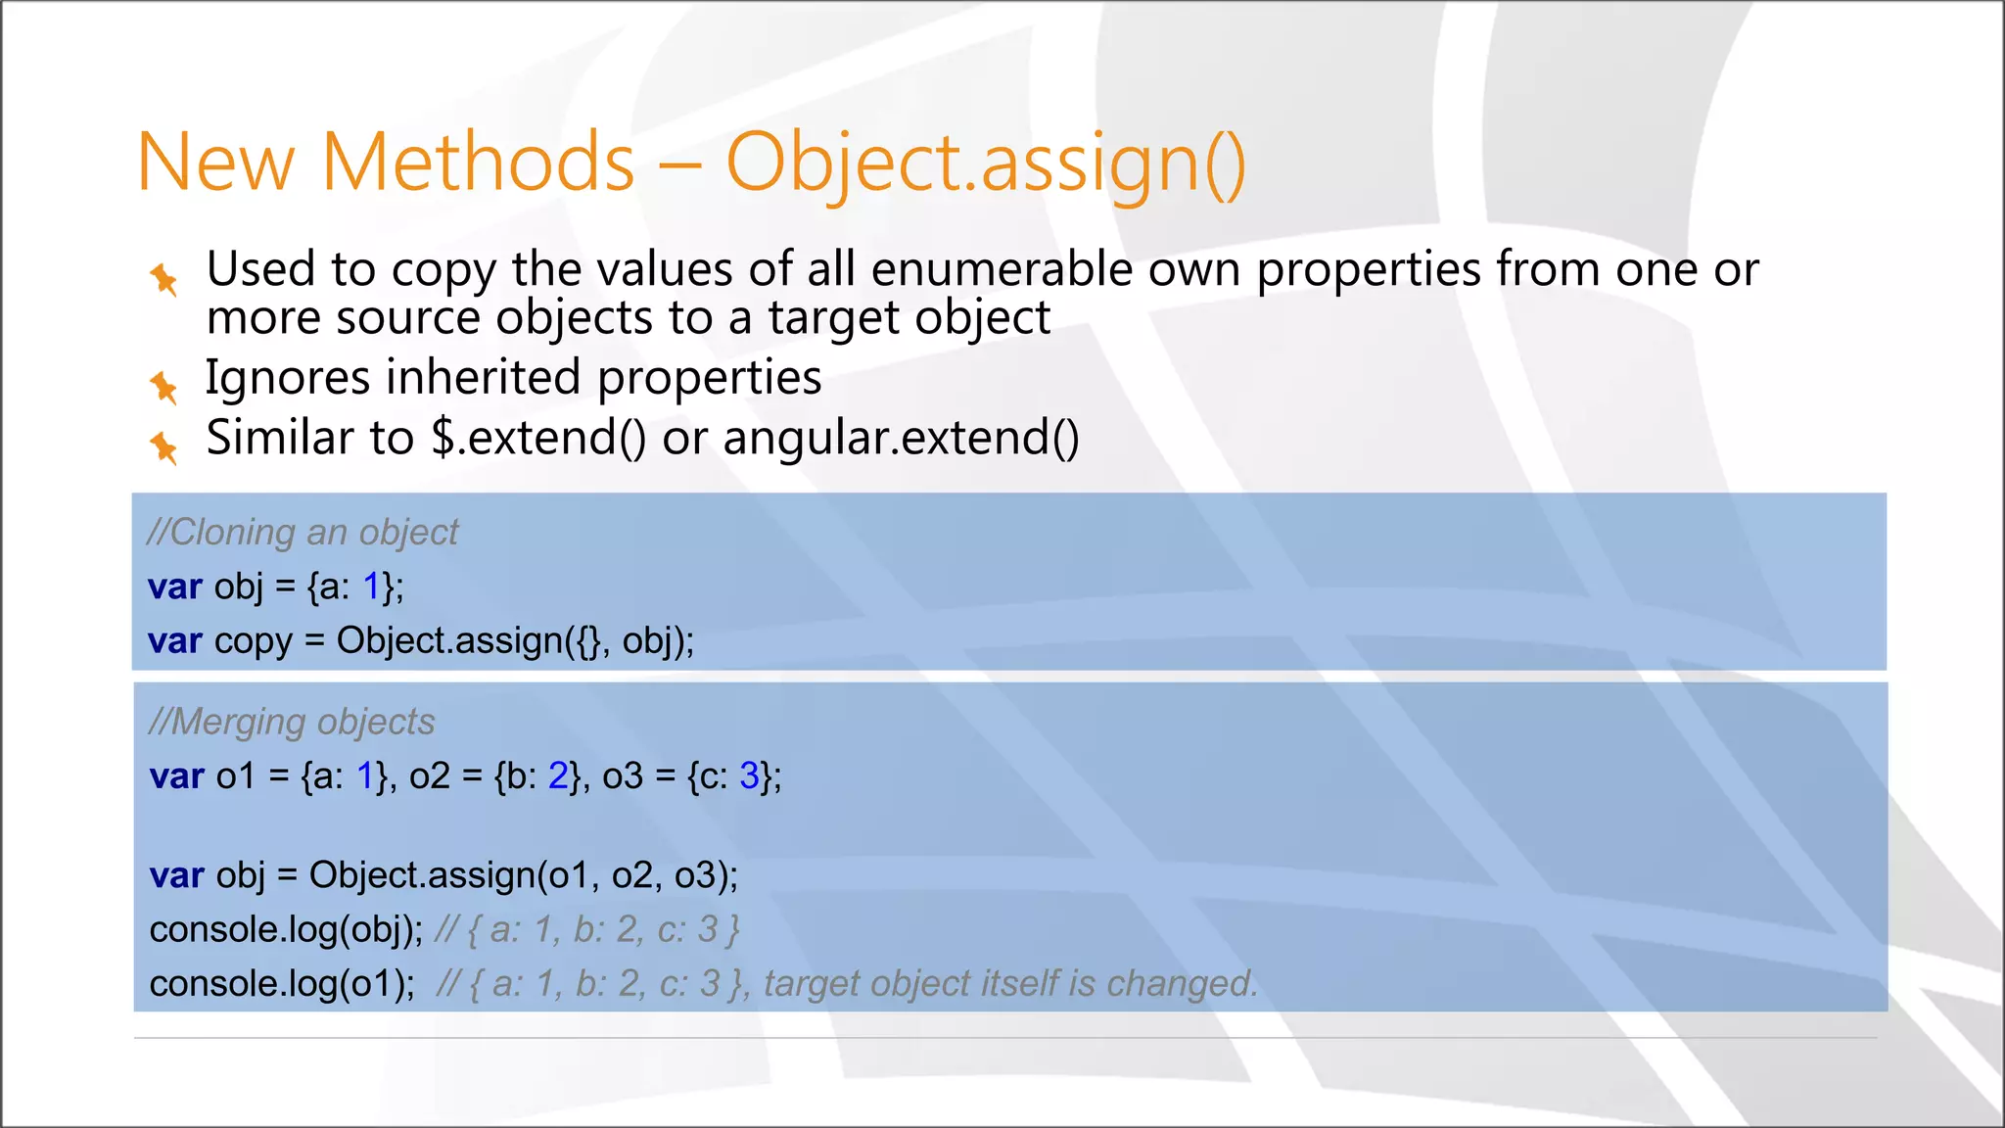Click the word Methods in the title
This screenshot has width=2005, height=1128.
(x=478, y=163)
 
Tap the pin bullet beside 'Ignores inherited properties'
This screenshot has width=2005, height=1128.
(x=163, y=388)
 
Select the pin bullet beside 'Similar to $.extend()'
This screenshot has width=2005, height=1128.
(x=163, y=447)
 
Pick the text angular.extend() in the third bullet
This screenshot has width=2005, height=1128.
(x=901, y=438)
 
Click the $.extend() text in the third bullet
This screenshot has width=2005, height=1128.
(x=538, y=438)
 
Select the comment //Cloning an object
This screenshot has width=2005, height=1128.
(x=303, y=533)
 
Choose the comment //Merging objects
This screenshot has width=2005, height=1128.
(x=292, y=722)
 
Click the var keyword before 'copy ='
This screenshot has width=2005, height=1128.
(x=174, y=641)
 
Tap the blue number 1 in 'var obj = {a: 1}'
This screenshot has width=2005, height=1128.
(x=372, y=587)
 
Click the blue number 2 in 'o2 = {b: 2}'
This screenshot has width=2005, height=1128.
(x=558, y=776)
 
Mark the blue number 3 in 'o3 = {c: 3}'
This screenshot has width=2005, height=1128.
(x=750, y=776)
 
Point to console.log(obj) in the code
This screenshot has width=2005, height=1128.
(x=285, y=929)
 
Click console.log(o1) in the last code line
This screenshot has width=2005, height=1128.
(x=282, y=984)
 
